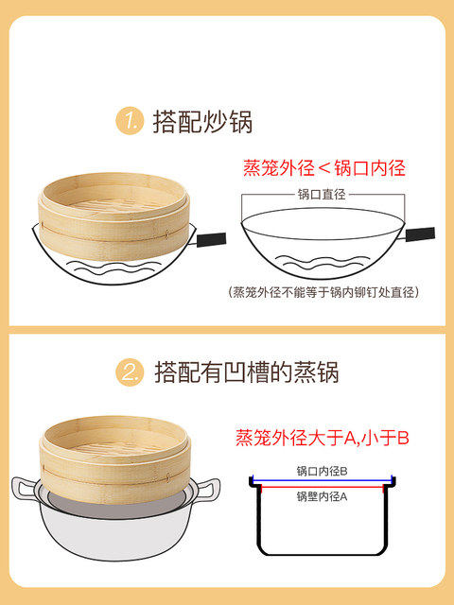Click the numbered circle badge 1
point(130,121)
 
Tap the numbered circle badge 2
point(130,372)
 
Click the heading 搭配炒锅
point(202,122)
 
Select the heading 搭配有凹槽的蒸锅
point(247,372)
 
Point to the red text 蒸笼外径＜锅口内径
point(324,168)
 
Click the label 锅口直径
point(322,194)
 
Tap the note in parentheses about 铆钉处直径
point(323,292)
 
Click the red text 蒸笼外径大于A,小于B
point(322,438)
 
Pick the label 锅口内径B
point(322,471)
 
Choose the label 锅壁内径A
point(322,496)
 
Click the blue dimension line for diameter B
point(322,481)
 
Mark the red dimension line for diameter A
point(322,488)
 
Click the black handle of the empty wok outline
point(420,234)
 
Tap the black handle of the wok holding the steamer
point(211,239)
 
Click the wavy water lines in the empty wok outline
point(323,263)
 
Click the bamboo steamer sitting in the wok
point(113,216)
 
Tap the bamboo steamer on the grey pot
point(115,459)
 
